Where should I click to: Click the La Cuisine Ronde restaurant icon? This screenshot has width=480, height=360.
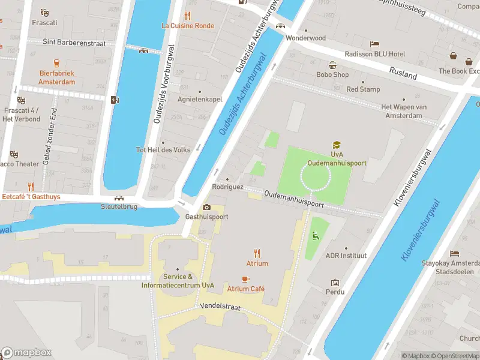coord(188,16)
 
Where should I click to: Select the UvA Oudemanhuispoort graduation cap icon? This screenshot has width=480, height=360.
coord(337,145)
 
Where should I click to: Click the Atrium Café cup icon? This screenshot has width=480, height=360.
coord(245,279)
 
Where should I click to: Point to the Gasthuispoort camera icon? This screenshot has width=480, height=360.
coord(207,207)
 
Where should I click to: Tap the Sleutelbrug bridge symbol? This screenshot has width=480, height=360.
coord(119,198)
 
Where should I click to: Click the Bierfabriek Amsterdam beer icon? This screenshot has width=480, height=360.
coord(56,62)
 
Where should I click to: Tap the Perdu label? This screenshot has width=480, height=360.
coord(335,292)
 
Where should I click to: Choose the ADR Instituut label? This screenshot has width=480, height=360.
coord(346,256)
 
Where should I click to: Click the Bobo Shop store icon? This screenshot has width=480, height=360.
coord(332,65)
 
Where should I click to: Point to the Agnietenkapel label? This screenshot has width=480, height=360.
coord(200,100)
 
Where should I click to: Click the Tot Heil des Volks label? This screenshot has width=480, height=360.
coord(163,150)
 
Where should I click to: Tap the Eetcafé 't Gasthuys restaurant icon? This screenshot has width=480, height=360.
coord(31,187)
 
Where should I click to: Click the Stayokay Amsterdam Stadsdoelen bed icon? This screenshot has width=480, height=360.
coord(454,254)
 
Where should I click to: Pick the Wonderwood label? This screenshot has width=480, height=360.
coord(305,38)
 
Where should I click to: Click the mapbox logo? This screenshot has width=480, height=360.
coord(26,352)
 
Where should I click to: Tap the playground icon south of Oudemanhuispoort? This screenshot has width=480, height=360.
coord(314,236)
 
